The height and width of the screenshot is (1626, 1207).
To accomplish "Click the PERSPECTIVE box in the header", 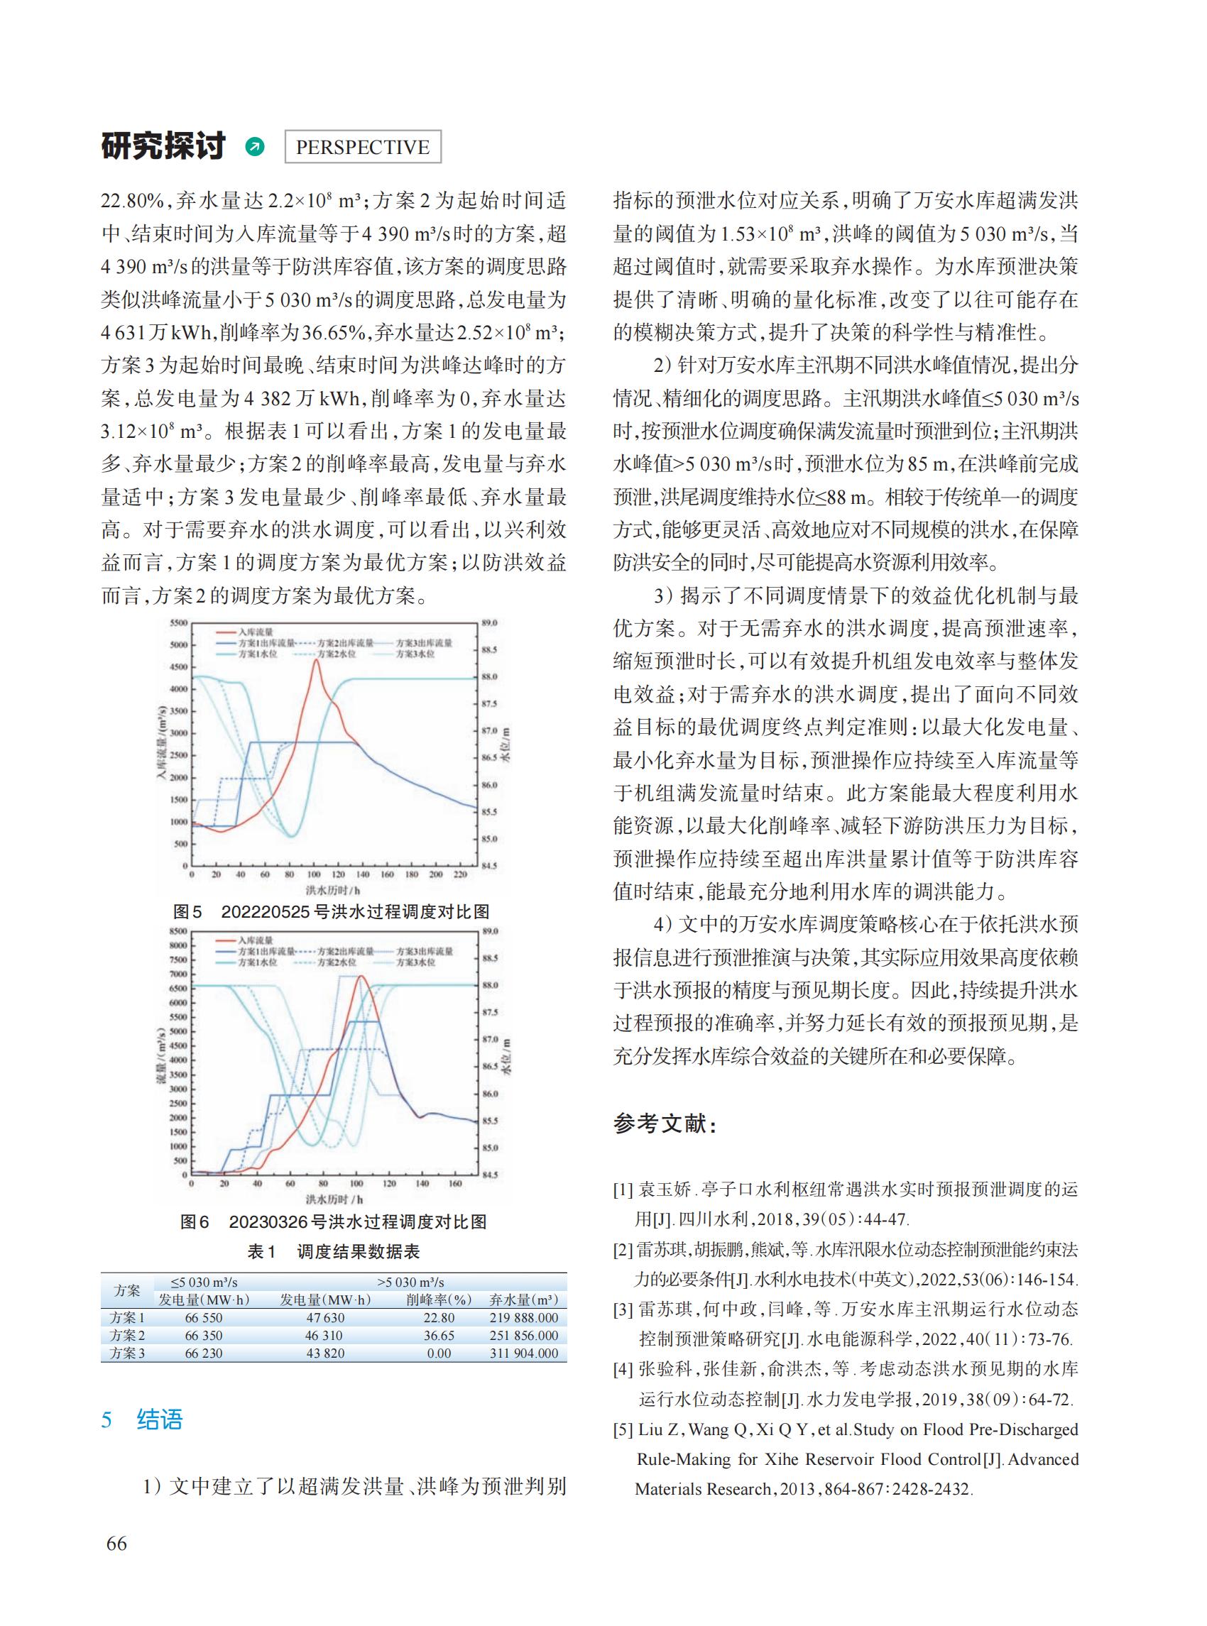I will tap(361, 147).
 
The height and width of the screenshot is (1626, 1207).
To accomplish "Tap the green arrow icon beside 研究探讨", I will tap(254, 147).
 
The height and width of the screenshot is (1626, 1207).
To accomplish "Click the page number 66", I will tap(116, 1544).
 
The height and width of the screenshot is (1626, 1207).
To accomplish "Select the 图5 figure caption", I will tap(331, 911).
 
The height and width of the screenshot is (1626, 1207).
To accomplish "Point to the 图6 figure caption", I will tap(333, 1222).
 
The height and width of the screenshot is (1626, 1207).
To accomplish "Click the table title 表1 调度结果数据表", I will tap(333, 1252).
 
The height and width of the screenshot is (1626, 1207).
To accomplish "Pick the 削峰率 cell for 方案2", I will tap(438, 1335).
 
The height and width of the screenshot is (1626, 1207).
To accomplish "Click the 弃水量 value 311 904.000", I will tap(523, 1353).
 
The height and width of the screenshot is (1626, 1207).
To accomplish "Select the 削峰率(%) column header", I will tap(438, 1300).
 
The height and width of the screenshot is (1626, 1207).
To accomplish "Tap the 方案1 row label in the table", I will tap(127, 1318).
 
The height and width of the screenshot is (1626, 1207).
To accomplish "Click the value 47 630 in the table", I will tap(325, 1318).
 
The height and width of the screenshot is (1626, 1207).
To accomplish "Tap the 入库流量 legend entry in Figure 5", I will tap(255, 632).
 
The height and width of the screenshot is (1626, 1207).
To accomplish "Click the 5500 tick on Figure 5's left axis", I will tap(178, 623).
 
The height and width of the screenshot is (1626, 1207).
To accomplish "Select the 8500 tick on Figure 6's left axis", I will tap(178, 931).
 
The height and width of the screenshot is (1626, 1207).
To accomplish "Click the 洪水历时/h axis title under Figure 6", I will tap(334, 1199).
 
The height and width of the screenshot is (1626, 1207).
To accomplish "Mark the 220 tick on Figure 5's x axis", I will tap(459, 874).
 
